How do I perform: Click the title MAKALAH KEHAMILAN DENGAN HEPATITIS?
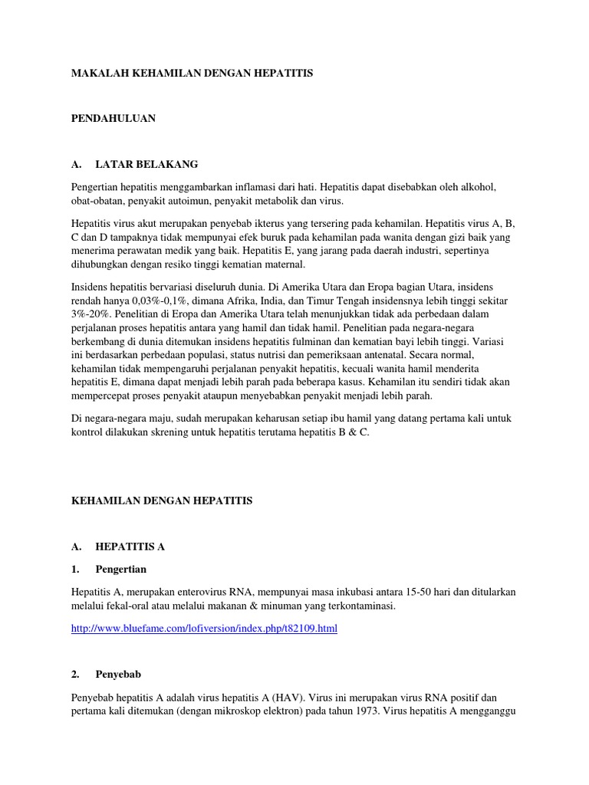coord(192,73)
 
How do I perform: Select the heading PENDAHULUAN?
coord(114,118)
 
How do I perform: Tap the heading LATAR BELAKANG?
coord(146,164)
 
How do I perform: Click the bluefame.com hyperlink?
coord(204,629)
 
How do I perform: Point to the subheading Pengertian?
coord(120,570)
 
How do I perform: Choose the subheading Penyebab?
coord(118,675)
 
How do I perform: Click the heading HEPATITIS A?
coord(130,547)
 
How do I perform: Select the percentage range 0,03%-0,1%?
coord(166,301)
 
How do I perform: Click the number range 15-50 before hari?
coord(433,592)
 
